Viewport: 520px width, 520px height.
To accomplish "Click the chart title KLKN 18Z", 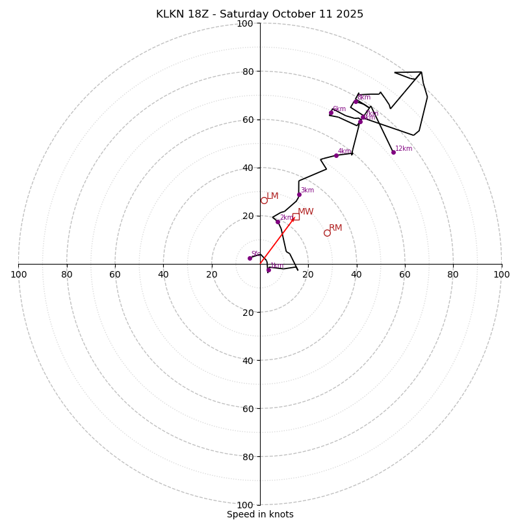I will tap(259, 14).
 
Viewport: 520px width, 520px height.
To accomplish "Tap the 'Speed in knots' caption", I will tap(260, 514).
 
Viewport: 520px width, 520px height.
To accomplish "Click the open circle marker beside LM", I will tap(264, 200).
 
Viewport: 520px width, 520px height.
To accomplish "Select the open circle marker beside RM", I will tap(327, 233).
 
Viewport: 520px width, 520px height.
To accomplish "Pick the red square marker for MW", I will tap(296, 216).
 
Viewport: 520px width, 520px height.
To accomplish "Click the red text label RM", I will tap(335, 228).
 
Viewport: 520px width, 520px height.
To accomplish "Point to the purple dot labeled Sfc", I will tap(250, 258).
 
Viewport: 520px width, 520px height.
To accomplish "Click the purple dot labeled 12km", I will tap(393, 152).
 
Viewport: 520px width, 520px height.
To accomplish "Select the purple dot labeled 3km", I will tap(299, 194).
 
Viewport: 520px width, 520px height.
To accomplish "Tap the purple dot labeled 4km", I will tap(336, 155).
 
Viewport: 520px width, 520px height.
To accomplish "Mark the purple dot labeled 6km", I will tap(331, 113).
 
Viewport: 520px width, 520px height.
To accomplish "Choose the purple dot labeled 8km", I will tap(356, 101).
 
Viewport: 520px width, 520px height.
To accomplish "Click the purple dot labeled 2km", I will tap(278, 222).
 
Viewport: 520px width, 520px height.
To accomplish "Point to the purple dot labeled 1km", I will tap(268, 270).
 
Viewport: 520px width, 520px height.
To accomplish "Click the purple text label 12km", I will tap(404, 148).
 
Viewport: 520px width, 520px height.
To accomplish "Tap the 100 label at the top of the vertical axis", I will tap(245, 23).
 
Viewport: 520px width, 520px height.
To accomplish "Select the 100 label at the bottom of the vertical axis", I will tap(245, 505).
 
